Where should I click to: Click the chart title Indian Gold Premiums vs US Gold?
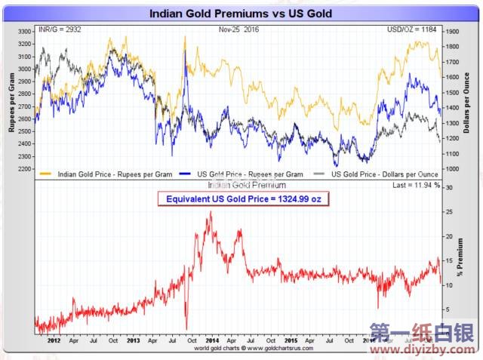click(x=241, y=14)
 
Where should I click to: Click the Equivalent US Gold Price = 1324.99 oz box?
click(x=243, y=199)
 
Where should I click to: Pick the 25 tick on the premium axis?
click(x=451, y=212)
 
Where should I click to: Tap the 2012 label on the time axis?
click(x=53, y=340)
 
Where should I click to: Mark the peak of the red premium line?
click(x=210, y=212)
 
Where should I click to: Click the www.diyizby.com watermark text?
click(x=424, y=349)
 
